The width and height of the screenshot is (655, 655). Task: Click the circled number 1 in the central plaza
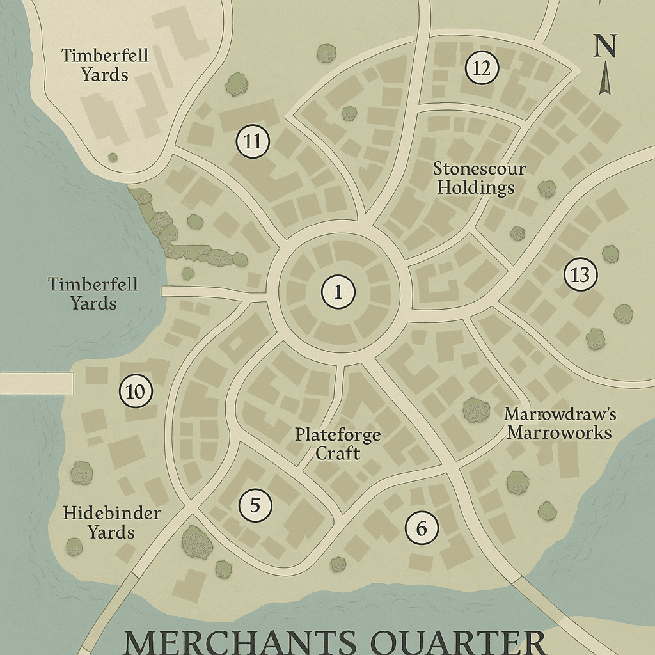tap(338, 292)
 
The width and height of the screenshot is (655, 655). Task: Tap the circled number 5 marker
tap(255, 506)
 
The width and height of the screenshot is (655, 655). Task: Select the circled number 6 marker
tap(421, 528)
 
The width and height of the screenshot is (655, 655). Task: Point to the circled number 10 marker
tap(136, 391)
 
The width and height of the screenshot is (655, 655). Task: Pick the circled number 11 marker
tap(253, 142)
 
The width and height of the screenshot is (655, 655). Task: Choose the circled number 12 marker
tap(482, 68)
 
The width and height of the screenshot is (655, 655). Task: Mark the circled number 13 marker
tap(580, 275)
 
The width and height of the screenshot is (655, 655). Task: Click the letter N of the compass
tap(604, 46)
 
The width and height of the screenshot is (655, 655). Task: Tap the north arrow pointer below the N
tap(604, 81)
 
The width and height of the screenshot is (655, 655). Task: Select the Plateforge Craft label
tap(337, 444)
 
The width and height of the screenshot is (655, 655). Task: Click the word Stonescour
tap(479, 170)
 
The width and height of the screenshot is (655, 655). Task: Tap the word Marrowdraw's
tap(560, 415)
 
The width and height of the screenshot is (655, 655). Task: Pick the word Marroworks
tap(559, 433)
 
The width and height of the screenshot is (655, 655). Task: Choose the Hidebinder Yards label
tap(112, 522)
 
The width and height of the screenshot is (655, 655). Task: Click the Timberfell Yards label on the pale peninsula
tap(105, 65)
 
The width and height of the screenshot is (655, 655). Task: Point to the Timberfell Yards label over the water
tap(93, 293)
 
